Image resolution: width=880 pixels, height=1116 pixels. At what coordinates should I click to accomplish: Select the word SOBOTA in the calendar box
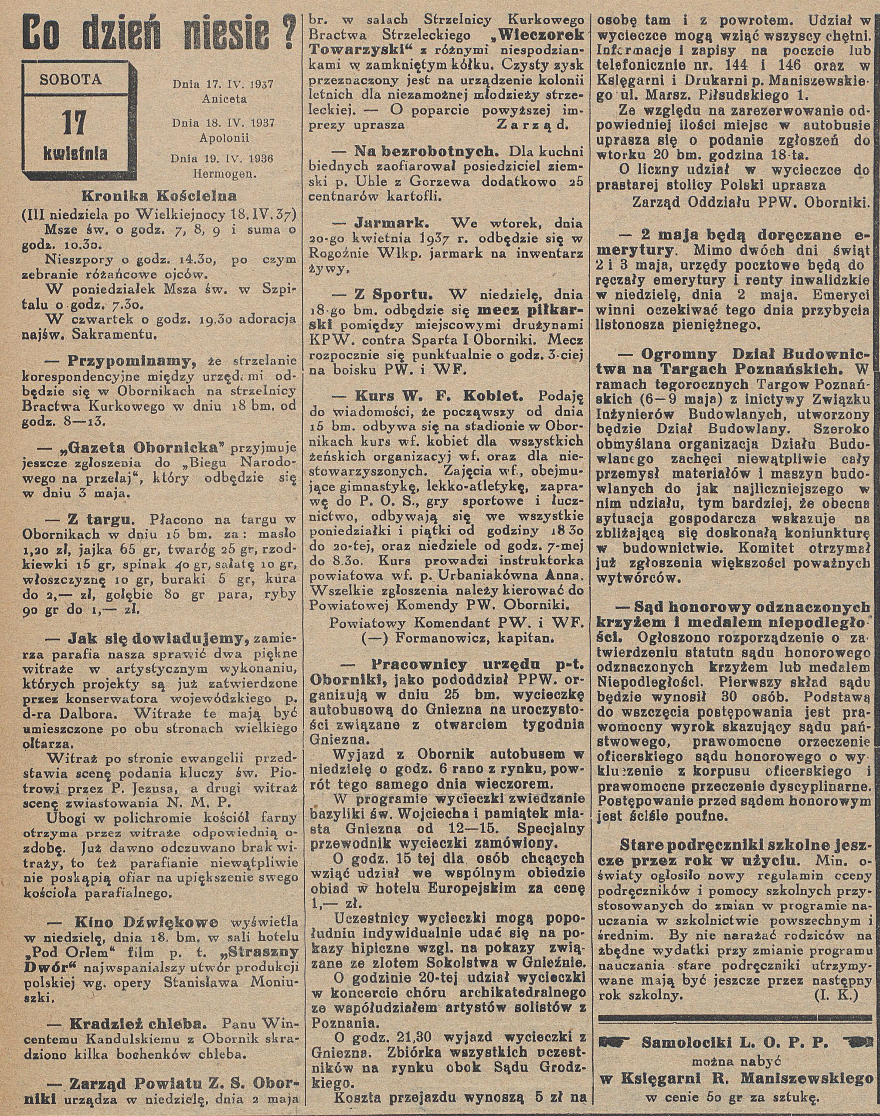71,79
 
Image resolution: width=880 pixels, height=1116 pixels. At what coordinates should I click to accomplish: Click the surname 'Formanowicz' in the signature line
441,637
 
